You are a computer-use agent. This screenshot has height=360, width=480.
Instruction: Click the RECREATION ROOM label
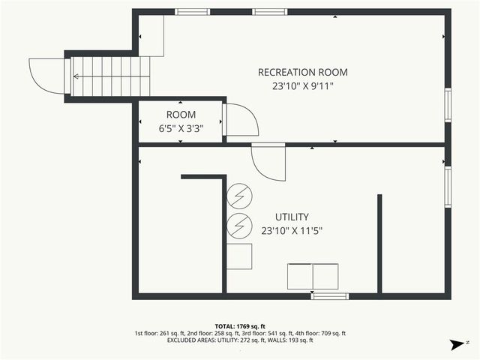click(302, 72)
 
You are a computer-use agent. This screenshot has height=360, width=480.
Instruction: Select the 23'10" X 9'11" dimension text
click(302, 86)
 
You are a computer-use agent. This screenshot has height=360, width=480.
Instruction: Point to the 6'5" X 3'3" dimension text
click(181, 128)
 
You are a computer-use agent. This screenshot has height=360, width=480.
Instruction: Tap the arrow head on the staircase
click(76, 76)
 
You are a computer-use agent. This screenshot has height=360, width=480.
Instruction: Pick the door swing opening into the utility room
click(268, 162)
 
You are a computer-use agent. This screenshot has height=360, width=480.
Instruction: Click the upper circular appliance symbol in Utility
click(239, 196)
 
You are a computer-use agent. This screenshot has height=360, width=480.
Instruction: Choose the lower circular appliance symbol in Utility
click(239, 224)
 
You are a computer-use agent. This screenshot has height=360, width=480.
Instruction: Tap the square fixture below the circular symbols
click(239, 256)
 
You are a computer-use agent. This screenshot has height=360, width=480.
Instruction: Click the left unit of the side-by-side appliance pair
click(301, 276)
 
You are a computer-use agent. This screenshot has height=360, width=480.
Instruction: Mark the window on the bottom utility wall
click(330, 296)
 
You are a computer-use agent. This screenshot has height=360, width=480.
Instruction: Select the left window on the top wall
click(192, 11)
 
